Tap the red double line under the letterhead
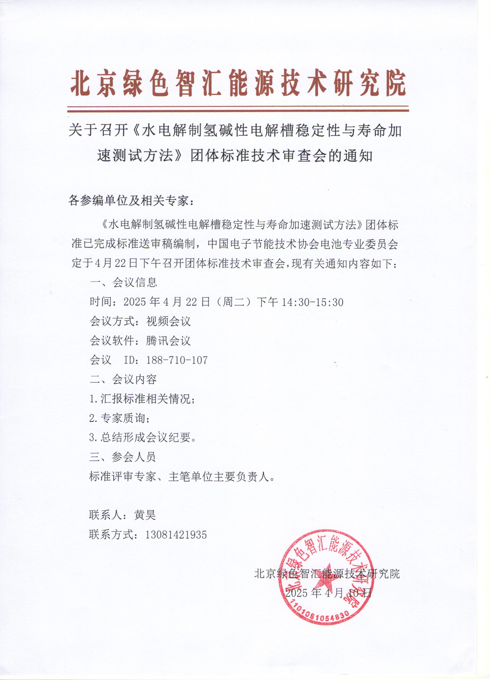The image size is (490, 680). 238,109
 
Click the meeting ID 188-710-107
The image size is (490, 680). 177,360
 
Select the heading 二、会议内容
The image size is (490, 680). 123,379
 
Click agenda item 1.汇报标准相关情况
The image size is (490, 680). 142,399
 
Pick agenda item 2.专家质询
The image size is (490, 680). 119,418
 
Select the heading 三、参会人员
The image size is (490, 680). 122,457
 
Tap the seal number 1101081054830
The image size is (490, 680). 321,625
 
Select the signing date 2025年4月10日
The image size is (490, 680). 328,593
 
